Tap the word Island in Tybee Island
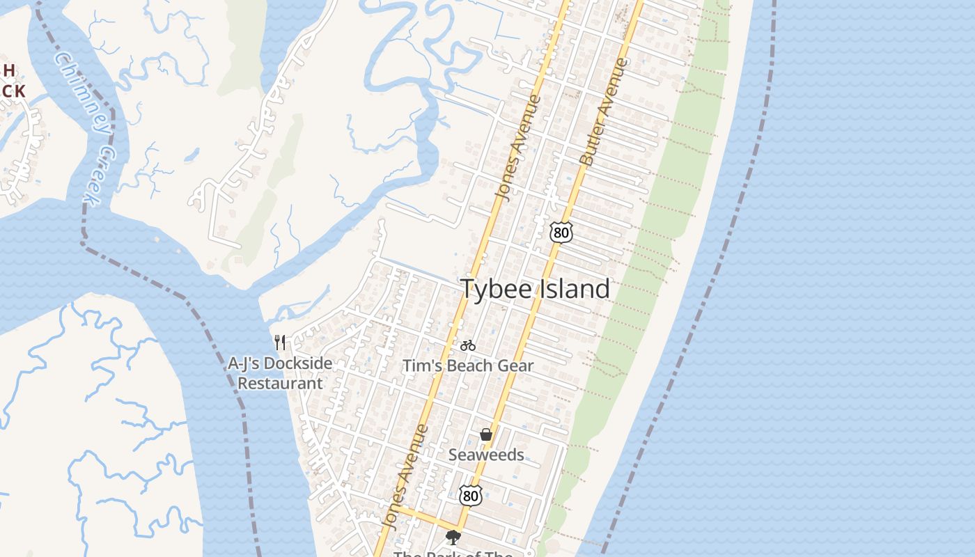[x=572, y=289]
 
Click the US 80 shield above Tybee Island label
[x=561, y=233]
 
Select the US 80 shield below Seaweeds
[x=471, y=496]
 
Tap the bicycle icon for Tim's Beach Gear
[x=468, y=345]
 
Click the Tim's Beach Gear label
[x=468, y=366]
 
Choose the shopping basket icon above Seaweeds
[x=486, y=435]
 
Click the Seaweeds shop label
[x=486, y=455]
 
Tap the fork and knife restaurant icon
[x=280, y=343]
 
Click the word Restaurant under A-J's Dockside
[x=280, y=383]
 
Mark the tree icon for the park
[x=453, y=537]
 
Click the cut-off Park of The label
[x=453, y=554]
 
